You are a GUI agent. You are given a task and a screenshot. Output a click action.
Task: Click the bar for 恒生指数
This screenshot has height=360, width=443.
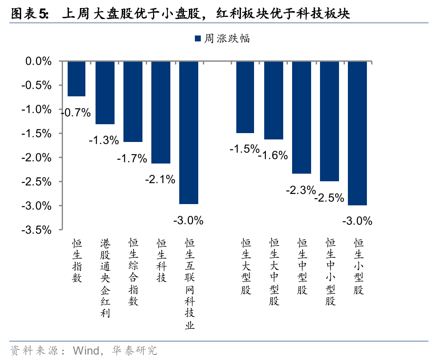(77, 79)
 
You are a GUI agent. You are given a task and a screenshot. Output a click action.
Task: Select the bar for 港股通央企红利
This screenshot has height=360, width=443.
(105, 93)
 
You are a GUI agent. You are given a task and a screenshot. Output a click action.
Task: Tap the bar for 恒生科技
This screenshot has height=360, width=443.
(161, 112)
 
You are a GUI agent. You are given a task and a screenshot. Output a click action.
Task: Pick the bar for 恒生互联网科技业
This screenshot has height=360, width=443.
(189, 133)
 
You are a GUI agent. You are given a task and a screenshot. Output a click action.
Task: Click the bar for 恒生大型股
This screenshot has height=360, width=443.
(245, 97)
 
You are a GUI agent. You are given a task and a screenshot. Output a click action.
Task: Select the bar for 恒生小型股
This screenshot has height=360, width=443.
(357, 134)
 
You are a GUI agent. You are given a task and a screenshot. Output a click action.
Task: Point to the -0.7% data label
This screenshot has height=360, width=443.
(76, 113)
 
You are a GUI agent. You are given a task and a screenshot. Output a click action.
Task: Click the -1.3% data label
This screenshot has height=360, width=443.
(104, 141)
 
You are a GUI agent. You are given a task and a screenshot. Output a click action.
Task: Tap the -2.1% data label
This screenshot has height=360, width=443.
(160, 180)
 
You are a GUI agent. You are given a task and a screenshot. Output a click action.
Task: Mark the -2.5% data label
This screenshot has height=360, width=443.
(329, 197)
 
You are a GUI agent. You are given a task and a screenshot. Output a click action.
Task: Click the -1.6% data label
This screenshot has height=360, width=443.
(273, 155)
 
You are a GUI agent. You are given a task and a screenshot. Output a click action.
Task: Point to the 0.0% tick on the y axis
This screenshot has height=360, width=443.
(38, 62)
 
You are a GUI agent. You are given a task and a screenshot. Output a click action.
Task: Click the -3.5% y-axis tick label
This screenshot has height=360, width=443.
(37, 230)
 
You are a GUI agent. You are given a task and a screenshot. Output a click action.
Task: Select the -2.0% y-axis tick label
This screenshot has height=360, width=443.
(37, 158)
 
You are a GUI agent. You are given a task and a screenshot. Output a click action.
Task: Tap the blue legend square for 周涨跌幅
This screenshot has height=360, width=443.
(197, 39)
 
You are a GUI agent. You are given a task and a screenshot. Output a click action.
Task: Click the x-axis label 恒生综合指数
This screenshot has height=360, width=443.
(133, 272)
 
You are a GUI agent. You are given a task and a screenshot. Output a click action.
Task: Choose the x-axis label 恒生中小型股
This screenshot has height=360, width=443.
(330, 272)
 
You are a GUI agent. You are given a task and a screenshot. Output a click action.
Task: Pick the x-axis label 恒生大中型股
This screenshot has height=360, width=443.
(273, 272)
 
